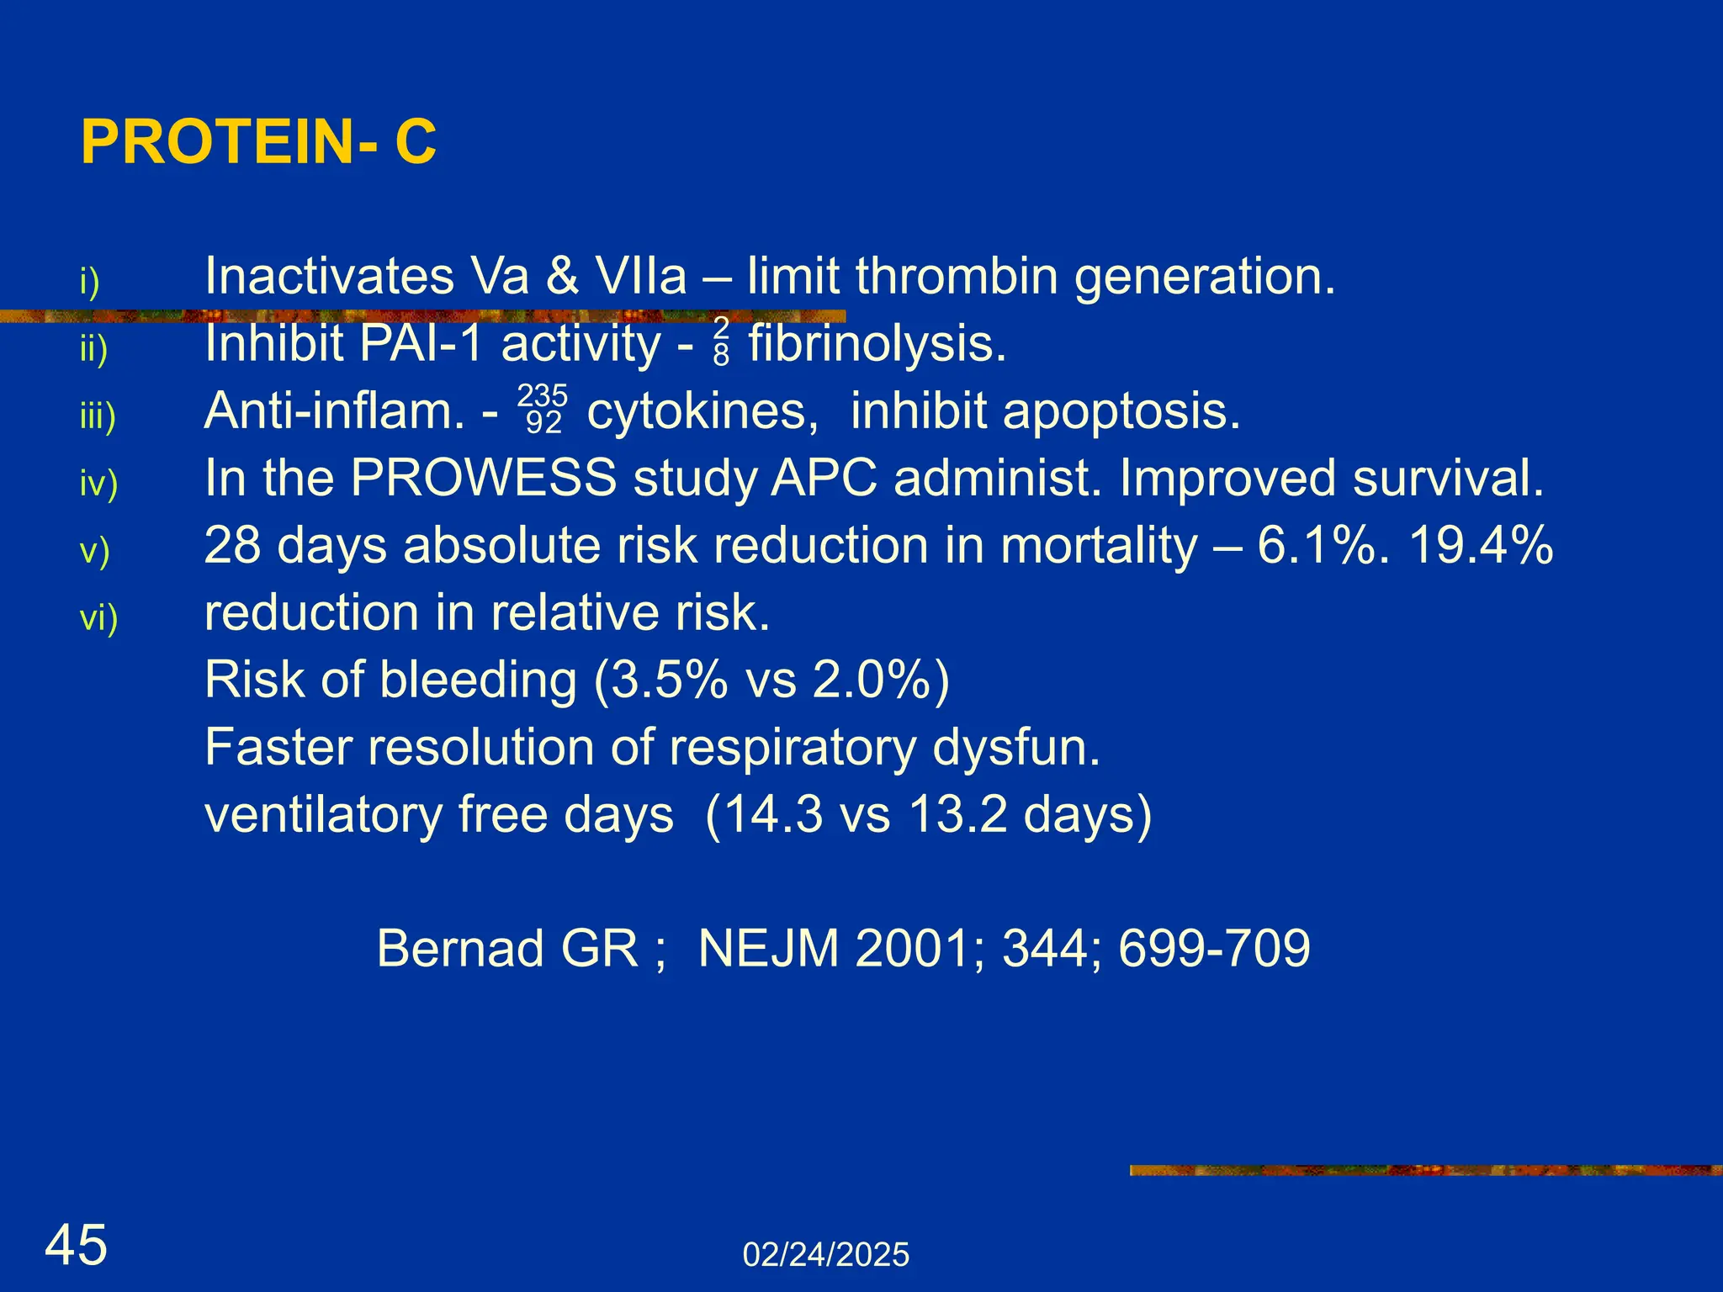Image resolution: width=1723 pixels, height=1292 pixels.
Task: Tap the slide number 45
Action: [x=76, y=1246]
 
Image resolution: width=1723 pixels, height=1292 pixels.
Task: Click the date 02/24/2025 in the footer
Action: [x=825, y=1255]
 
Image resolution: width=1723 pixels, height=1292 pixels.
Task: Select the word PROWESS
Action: [x=484, y=478]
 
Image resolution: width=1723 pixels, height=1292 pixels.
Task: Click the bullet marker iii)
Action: [x=98, y=416]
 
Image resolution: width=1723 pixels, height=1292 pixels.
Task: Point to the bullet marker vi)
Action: [x=98, y=617]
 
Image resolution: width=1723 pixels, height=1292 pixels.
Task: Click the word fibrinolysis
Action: [x=877, y=343]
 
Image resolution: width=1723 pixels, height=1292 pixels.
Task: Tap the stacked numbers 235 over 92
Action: [x=543, y=409]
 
